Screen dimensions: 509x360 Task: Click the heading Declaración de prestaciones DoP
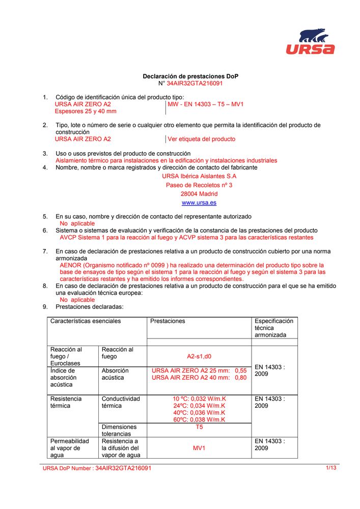(190, 76)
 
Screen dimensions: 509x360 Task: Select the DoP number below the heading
(195, 83)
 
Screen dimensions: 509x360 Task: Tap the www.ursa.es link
(199, 203)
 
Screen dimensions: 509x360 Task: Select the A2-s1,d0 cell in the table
(199, 357)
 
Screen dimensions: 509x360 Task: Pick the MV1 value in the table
(199, 448)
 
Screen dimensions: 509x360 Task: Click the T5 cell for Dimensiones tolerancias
(199, 427)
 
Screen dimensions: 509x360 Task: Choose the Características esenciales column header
(86, 321)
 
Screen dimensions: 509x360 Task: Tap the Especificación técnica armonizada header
(274, 328)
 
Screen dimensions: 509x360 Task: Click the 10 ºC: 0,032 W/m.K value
(199, 399)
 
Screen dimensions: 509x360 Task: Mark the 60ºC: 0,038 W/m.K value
(199, 419)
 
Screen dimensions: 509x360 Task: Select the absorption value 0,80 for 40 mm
(241, 378)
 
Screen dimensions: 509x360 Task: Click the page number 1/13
(331, 468)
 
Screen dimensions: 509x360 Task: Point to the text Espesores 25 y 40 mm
(86, 111)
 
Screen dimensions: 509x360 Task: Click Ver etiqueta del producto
(202, 139)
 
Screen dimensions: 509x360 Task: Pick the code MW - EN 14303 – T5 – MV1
(206, 104)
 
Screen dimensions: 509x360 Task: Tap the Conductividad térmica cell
(121, 402)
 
